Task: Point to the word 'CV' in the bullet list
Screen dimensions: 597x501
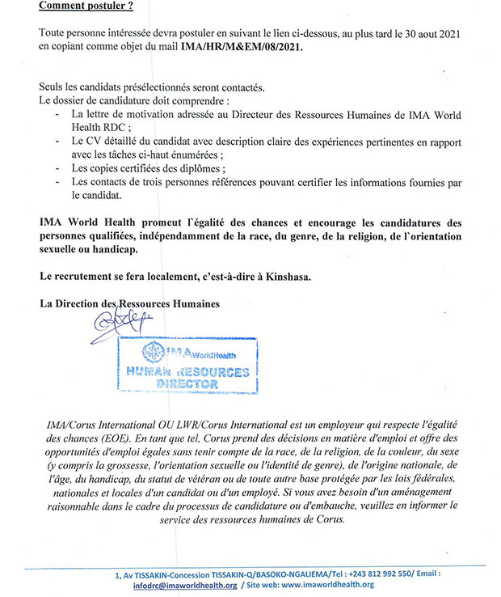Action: (x=95, y=142)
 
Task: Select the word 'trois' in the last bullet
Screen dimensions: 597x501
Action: (x=170, y=182)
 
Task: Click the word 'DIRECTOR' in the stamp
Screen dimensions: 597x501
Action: (x=187, y=384)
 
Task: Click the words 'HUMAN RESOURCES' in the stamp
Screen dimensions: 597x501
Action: (x=187, y=371)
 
